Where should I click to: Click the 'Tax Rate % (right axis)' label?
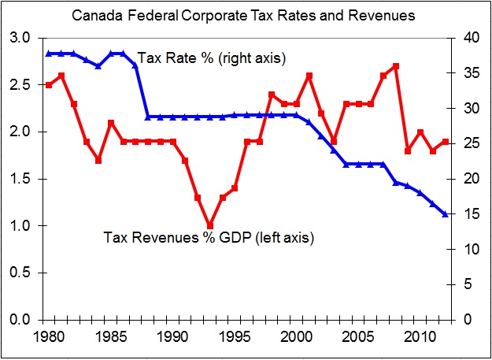click(x=211, y=58)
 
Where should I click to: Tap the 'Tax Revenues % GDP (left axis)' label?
click(x=209, y=237)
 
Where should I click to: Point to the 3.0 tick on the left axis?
click(x=22, y=38)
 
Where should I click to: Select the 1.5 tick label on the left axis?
click(x=22, y=179)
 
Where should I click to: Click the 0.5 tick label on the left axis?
click(x=22, y=273)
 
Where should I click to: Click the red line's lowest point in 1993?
click(x=209, y=226)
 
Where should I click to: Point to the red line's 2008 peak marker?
click(x=395, y=66)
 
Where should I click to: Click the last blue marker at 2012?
click(x=445, y=214)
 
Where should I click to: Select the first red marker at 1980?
click(x=49, y=85)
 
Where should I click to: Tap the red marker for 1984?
click(x=98, y=160)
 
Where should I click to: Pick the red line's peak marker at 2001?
click(x=309, y=76)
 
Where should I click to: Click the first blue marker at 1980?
click(x=49, y=54)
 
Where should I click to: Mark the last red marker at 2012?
click(x=445, y=142)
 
